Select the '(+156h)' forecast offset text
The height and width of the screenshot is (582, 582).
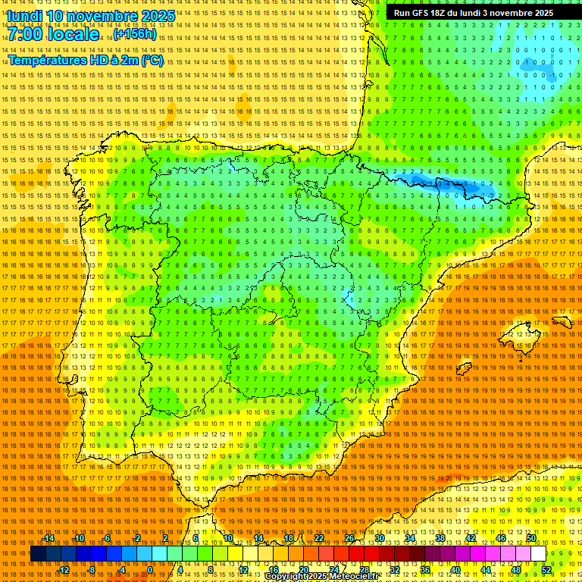(135, 34)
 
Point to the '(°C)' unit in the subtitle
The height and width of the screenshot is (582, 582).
(152, 60)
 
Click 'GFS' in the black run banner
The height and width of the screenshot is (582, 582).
(419, 13)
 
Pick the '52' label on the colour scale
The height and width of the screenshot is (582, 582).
(546, 570)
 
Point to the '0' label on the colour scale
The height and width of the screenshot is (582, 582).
(150, 570)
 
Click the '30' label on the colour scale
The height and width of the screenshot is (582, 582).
(380, 538)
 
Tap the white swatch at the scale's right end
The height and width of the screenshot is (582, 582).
(538, 554)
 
